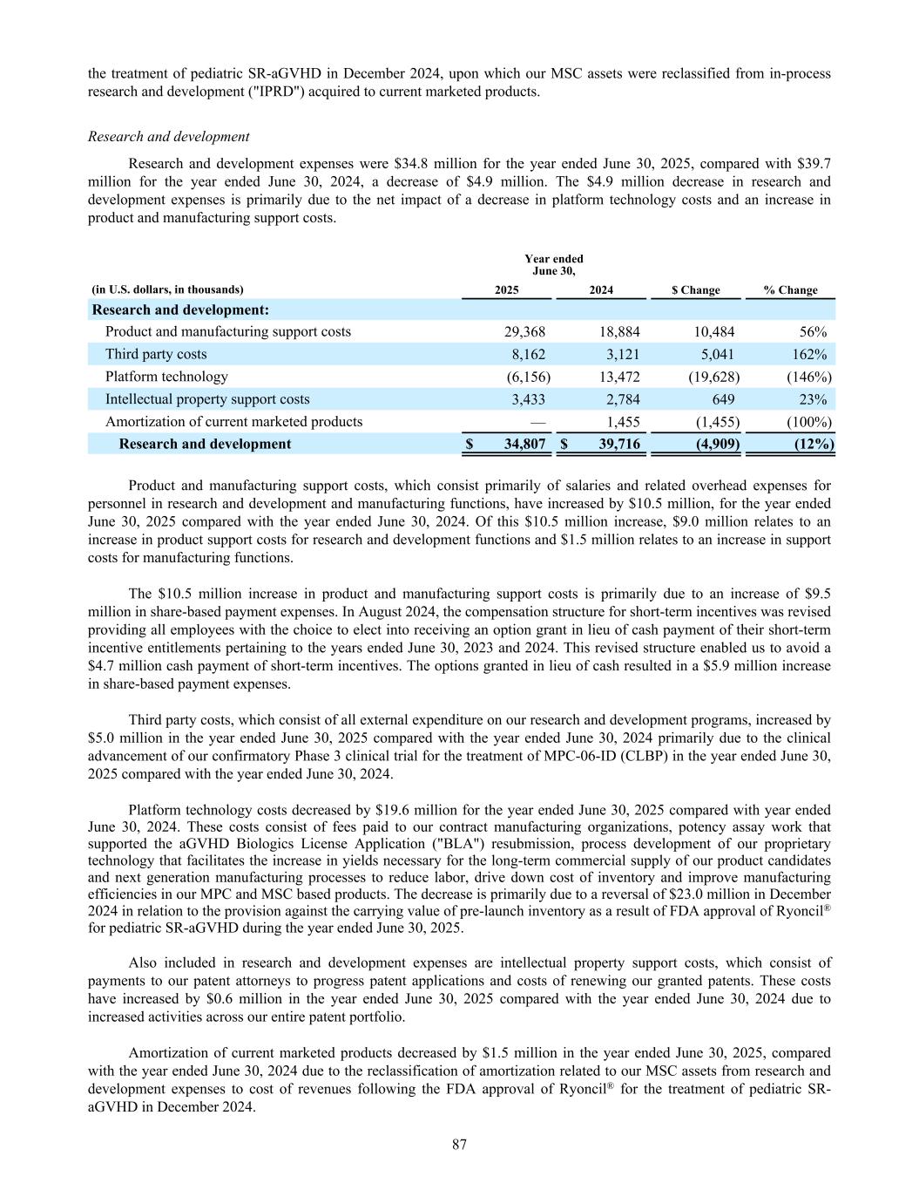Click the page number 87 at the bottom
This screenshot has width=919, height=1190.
pyautogui.click(x=459, y=1145)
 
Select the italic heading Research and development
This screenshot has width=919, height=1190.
pyautogui.click(x=169, y=137)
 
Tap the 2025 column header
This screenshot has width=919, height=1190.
pyautogui.click(x=507, y=290)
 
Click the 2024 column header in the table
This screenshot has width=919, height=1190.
pyautogui.click(x=601, y=290)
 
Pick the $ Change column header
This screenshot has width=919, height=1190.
pyautogui.click(x=695, y=290)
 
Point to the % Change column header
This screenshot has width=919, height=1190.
pyautogui.click(x=790, y=290)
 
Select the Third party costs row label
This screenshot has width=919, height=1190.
pyautogui.click(x=156, y=354)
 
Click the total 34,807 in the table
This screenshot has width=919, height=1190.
pyautogui.click(x=524, y=444)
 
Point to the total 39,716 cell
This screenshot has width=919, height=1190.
pyautogui.click(x=618, y=444)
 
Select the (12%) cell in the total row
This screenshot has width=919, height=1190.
pyautogui.click(x=814, y=444)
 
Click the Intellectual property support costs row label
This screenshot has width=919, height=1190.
pyautogui.click(x=207, y=399)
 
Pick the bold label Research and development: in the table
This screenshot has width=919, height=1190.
pyautogui.click(x=180, y=310)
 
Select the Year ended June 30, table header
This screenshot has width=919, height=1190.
pyautogui.click(x=554, y=265)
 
